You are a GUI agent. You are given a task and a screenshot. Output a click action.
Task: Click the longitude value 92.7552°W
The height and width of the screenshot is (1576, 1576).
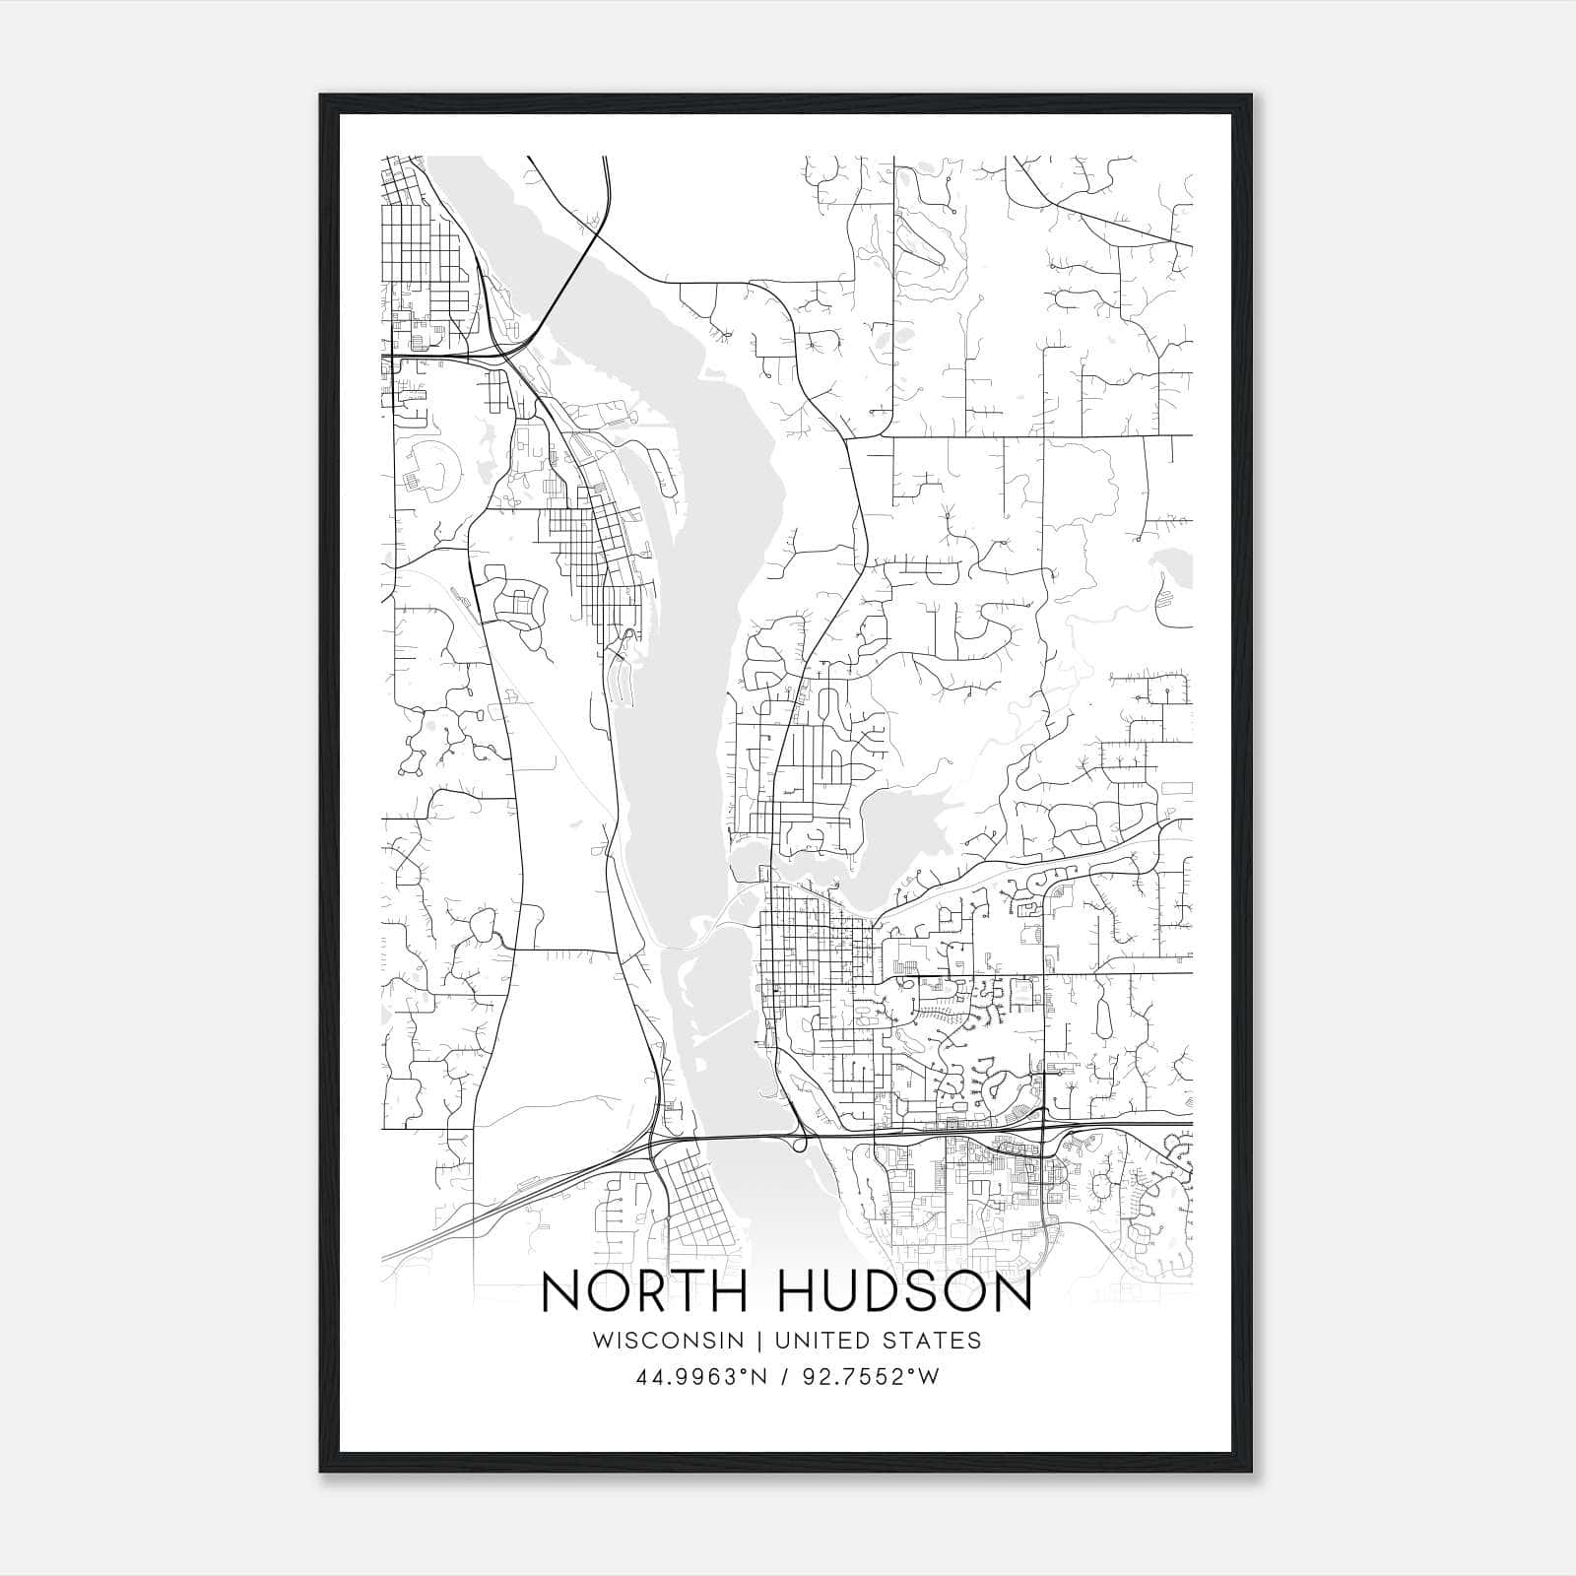click(x=871, y=1377)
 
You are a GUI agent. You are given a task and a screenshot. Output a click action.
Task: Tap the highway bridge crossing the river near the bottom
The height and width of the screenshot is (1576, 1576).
click(x=729, y=1137)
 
